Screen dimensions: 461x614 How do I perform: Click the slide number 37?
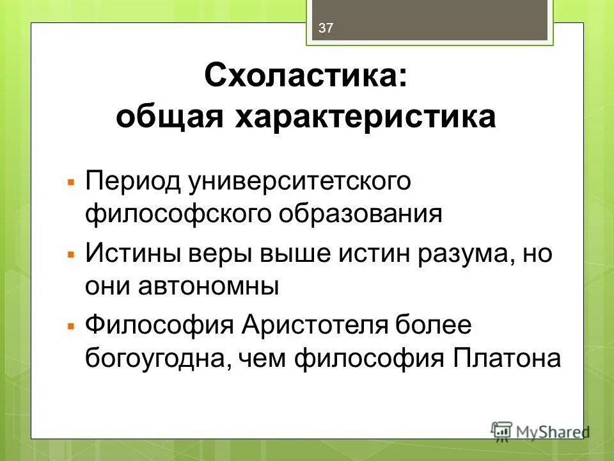click(326, 28)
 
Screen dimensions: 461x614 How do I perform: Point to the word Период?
click(132, 182)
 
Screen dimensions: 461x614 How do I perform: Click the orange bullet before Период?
click(72, 182)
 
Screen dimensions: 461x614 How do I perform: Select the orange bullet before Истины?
click(72, 255)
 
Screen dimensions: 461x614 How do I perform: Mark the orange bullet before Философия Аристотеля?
click(72, 327)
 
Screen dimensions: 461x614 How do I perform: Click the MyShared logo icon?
click(501, 430)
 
